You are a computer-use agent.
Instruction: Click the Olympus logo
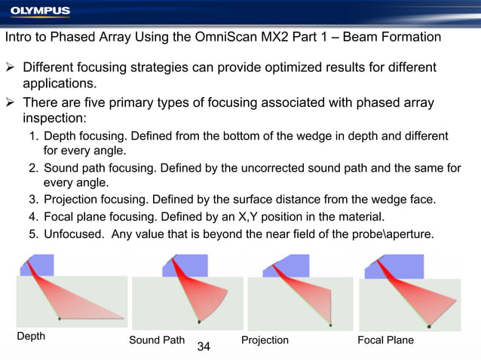pos(40,11)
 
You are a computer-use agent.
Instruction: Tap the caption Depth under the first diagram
pos(31,337)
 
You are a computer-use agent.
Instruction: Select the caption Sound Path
pos(155,340)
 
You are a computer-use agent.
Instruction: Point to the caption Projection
pos(265,340)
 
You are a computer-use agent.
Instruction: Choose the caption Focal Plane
pos(386,340)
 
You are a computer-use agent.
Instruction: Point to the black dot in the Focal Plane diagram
pos(429,327)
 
